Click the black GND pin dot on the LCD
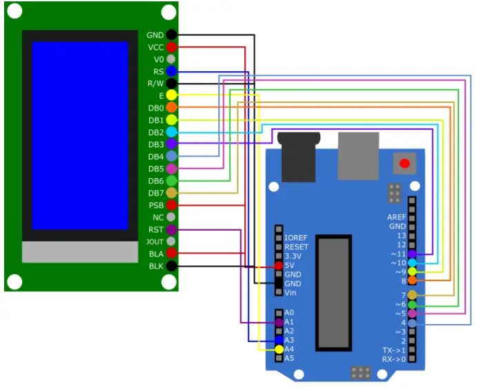pos(171,35)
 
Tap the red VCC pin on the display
pos(171,47)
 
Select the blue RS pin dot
pos(171,71)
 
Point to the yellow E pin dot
pos(171,95)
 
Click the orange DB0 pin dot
pos(171,108)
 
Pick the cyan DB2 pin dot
pos(171,132)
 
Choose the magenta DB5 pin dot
pos(171,169)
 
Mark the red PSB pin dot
pos(171,205)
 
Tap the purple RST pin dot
pos(171,229)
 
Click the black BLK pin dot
pos(171,266)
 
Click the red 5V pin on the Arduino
pos(279,265)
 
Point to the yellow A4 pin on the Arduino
pos(279,350)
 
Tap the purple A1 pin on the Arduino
pos(279,322)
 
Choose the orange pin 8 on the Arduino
pos(412,281)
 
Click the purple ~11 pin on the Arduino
pos(412,254)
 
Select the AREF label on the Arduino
pos(396,217)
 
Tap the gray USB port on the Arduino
pos(358,156)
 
